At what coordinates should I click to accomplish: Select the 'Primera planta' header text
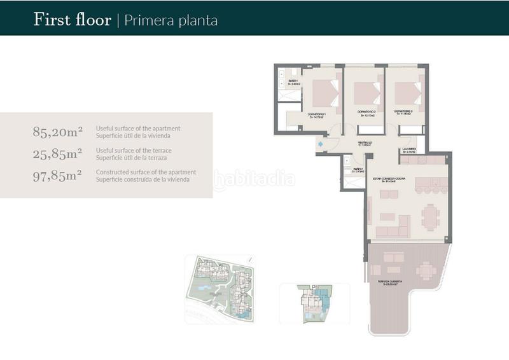tap(170, 20)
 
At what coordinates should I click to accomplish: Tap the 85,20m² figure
tap(57, 132)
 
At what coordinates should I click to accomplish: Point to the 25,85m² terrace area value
tap(57, 154)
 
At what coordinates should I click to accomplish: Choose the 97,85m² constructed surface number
tap(57, 176)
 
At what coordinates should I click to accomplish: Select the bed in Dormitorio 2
tap(366, 93)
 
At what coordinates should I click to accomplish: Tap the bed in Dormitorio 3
tap(407, 93)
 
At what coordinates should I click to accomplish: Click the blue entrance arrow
tap(321, 144)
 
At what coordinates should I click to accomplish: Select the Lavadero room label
tap(408, 151)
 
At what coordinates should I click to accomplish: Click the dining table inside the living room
tap(430, 216)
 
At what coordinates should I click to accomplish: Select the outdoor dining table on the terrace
tap(426, 270)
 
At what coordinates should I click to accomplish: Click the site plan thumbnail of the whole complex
tap(220, 287)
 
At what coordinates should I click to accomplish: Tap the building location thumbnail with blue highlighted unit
tap(314, 303)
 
